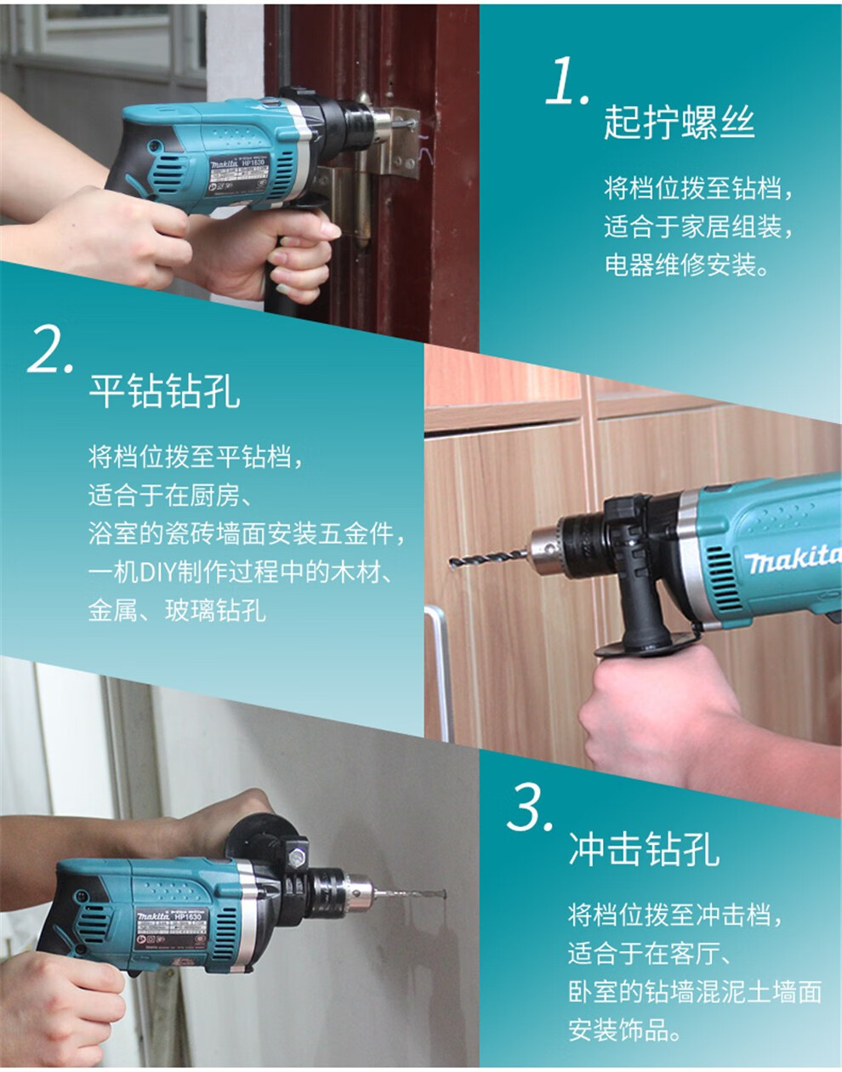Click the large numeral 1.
coord(565,82)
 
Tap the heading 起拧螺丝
coord(679,123)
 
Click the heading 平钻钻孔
coord(164,391)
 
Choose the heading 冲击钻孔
coord(644,849)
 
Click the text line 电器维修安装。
coord(687,265)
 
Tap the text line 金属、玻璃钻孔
coord(177,609)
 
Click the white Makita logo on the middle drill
coord(792,559)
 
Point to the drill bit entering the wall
coord(416,893)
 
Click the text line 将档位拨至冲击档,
coord(675,915)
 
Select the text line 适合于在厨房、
coord(168,494)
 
